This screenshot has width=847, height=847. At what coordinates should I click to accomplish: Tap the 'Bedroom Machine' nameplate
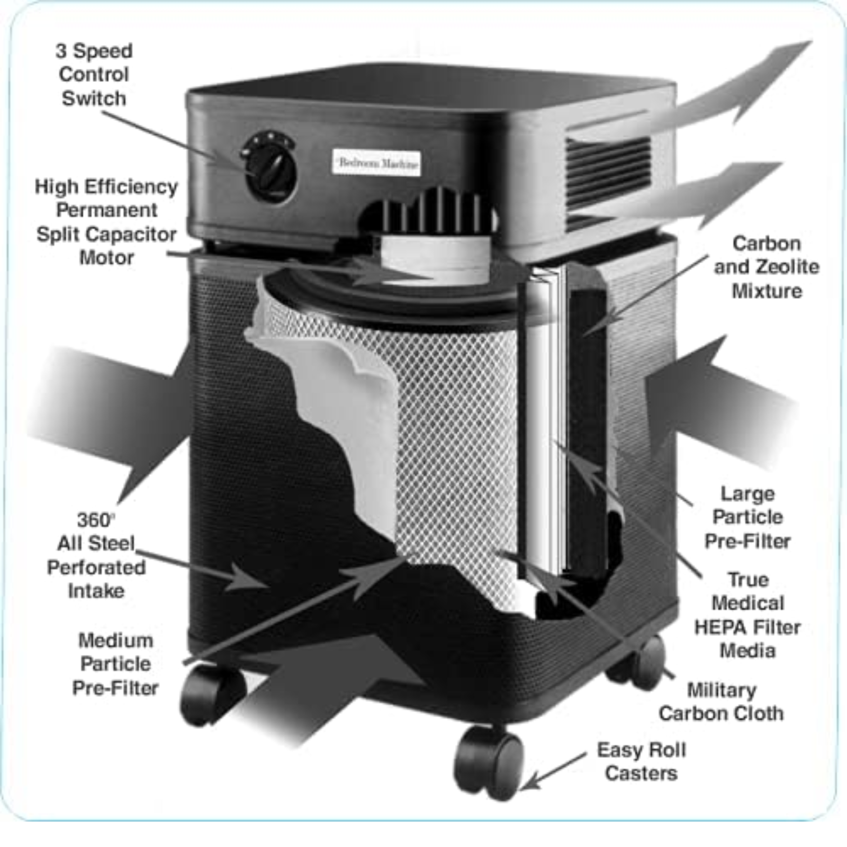point(377,163)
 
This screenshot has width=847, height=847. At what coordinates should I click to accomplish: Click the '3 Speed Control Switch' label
point(94,75)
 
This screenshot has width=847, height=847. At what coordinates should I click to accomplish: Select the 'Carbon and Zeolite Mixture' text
point(766,267)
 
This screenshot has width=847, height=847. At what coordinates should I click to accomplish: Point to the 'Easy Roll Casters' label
point(641,761)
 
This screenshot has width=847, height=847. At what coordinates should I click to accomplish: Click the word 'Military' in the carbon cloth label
point(721,690)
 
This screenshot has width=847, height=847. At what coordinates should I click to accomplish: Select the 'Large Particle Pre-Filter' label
point(747,517)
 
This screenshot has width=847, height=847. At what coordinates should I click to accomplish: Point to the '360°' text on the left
point(95,520)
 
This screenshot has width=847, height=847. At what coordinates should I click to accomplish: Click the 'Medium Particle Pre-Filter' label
point(115,664)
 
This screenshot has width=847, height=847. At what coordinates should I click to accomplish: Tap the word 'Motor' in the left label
point(106,258)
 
